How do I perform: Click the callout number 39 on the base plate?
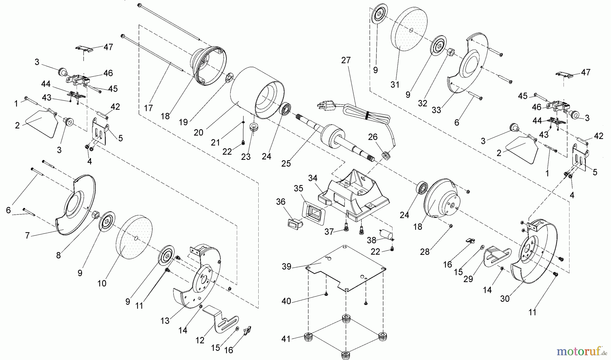(287, 267)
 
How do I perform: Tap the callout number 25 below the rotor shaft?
(286, 163)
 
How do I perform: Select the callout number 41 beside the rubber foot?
(286, 339)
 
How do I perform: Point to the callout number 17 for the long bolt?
(148, 108)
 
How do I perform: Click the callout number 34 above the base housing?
(313, 178)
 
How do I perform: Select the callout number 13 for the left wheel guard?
(165, 321)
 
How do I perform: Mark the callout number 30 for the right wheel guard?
(505, 299)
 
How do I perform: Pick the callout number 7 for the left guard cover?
(27, 235)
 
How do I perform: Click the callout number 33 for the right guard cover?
(437, 110)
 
